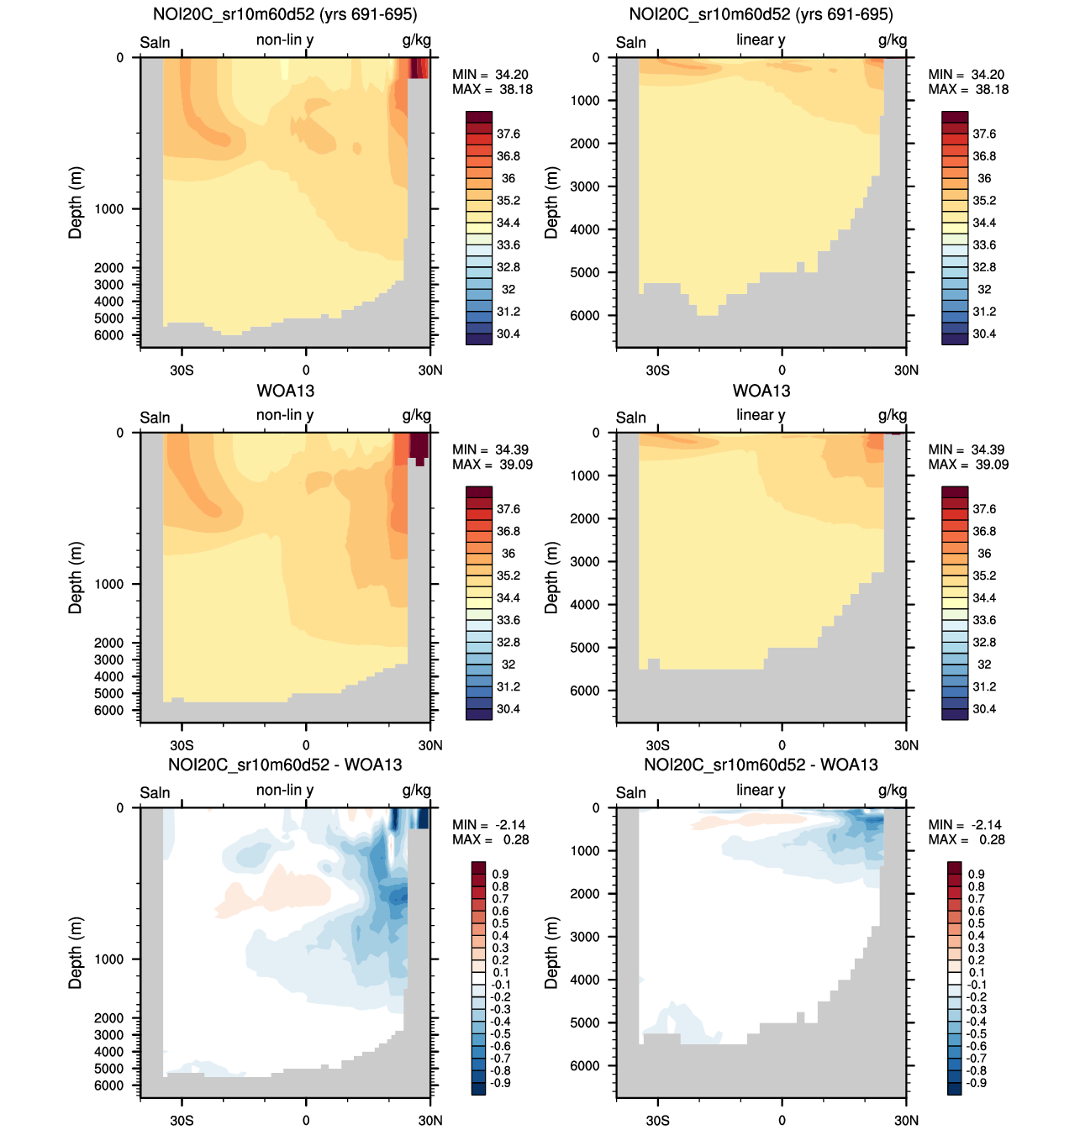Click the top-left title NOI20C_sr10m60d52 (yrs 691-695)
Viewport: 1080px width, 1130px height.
[285, 14]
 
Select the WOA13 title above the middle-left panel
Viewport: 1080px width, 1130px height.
[285, 390]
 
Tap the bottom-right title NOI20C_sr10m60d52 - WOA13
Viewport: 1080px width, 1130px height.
[761, 765]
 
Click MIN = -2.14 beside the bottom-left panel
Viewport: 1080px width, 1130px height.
[489, 825]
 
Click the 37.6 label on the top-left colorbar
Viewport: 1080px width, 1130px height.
[508, 134]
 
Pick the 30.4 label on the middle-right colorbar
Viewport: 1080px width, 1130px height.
[984, 709]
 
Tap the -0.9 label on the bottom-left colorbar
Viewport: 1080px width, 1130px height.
[501, 1083]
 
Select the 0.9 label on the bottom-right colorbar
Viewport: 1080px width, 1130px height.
[977, 874]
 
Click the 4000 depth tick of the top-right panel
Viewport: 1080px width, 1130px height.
[585, 229]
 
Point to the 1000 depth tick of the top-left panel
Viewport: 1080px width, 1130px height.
[109, 209]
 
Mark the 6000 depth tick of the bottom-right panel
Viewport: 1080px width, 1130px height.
[585, 1065]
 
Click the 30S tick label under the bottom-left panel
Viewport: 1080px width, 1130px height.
[182, 1120]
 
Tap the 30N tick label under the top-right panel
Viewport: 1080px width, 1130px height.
[906, 370]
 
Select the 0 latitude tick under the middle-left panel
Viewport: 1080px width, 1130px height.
[306, 745]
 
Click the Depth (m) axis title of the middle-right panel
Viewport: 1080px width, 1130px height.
[551, 578]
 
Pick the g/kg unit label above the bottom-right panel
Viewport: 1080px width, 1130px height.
[893, 791]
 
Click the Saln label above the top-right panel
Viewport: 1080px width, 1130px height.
[631, 43]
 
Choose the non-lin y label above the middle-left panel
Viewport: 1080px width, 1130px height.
[285, 415]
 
